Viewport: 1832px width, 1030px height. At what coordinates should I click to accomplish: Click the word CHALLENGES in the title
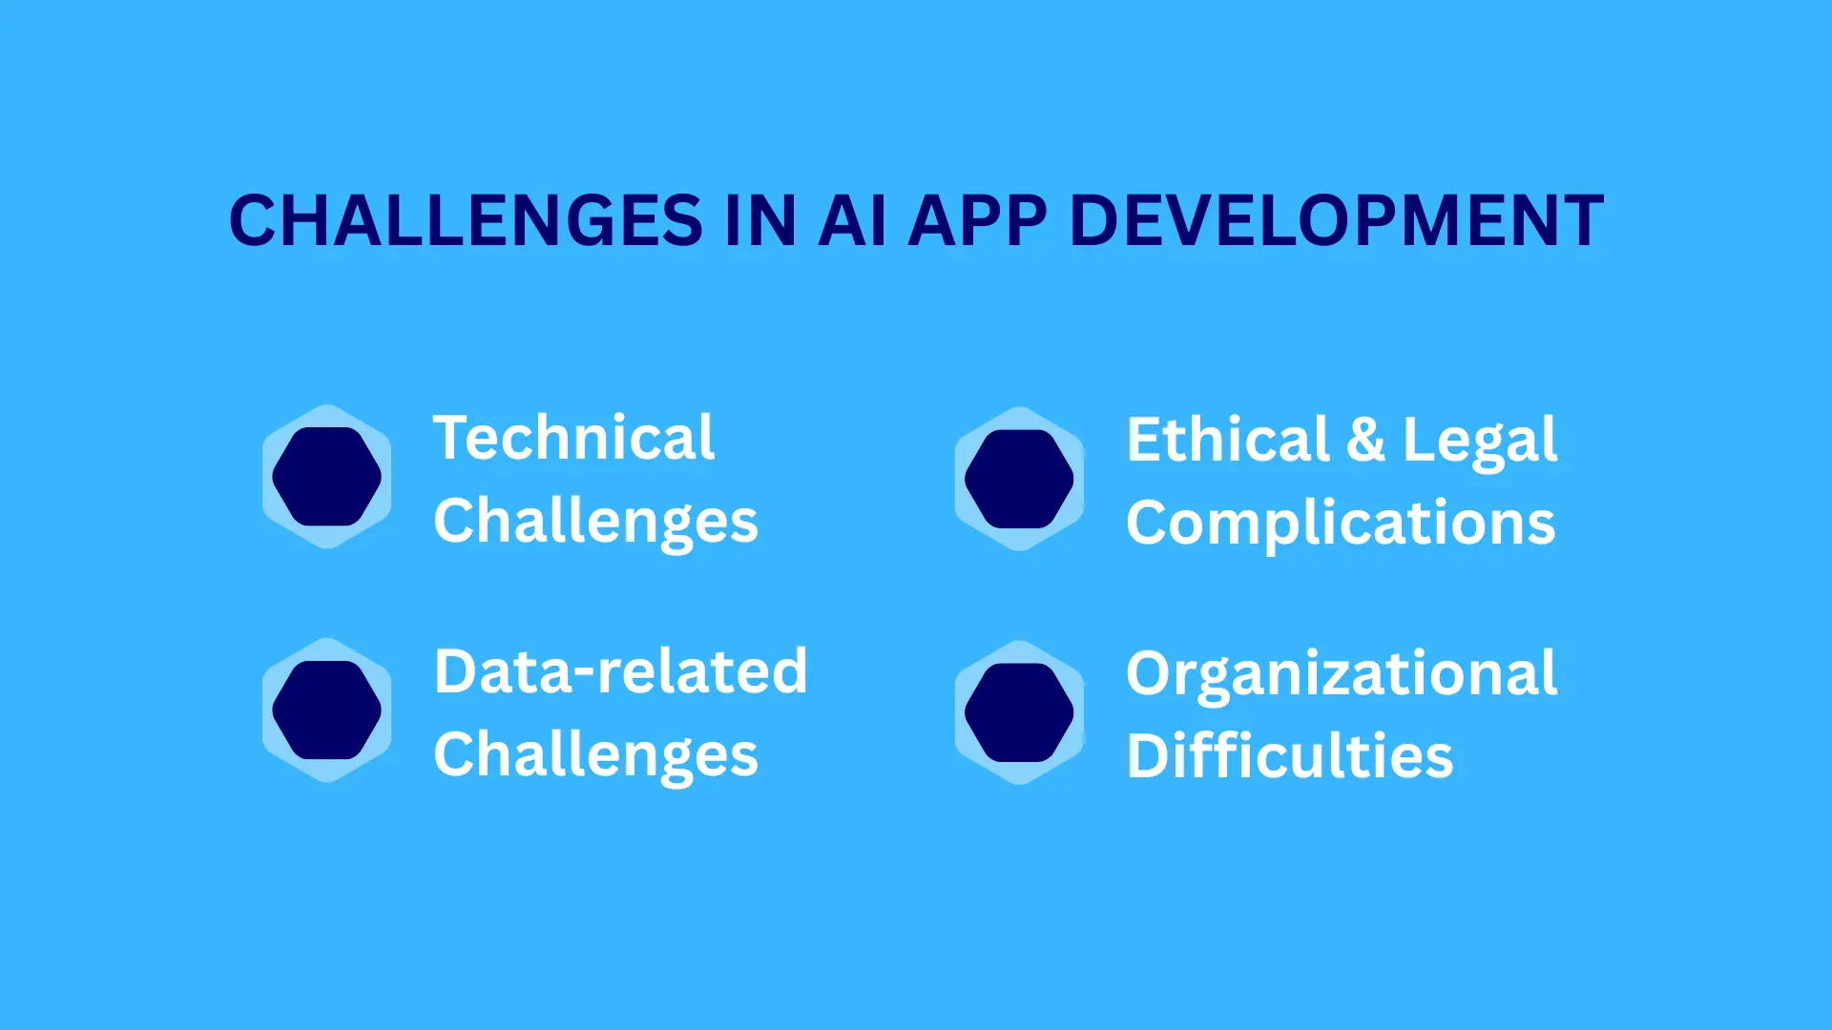click(466, 221)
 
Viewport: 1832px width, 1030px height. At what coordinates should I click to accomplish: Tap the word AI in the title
click(852, 221)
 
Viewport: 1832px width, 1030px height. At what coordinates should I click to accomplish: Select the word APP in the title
click(977, 221)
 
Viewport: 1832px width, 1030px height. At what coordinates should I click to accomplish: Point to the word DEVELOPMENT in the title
click(1336, 221)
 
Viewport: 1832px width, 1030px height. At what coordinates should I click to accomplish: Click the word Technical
click(573, 438)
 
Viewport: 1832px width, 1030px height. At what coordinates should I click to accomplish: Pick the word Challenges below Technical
click(595, 522)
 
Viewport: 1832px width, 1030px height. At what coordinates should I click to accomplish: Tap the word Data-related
click(620, 671)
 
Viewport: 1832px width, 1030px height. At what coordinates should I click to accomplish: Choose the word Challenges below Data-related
click(595, 755)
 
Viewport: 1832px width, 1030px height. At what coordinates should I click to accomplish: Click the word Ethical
click(1228, 440)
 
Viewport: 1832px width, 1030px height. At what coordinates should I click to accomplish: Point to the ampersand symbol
click(1365, 441)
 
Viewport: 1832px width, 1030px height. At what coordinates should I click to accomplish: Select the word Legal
click(1479, 442)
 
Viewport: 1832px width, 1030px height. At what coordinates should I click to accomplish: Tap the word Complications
click(1341, 524)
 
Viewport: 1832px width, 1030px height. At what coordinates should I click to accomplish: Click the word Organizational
click(1341, 674)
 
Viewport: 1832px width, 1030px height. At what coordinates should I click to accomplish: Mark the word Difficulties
click(1289, 756)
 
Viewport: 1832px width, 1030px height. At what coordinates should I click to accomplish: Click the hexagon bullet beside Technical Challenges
click(326, 477)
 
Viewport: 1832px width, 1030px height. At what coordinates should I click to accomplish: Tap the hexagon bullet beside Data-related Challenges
click(326, 711)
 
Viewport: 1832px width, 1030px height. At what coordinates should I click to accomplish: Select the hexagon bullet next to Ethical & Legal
click(1019, 479)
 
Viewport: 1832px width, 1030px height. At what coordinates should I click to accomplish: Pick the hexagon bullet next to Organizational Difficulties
click(1019, 712)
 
